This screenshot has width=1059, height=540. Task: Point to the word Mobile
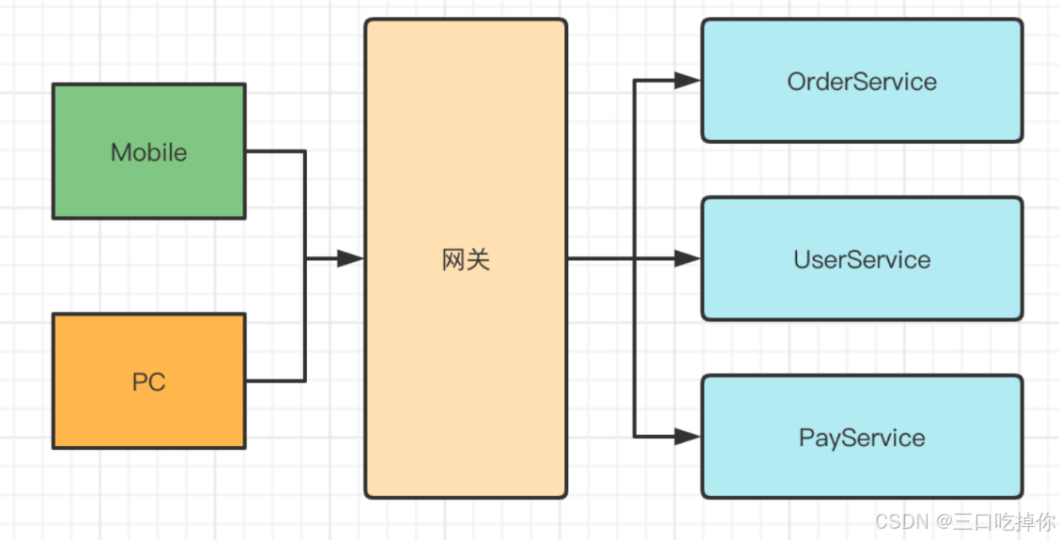[148, 152]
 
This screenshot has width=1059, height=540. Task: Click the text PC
[148, 382]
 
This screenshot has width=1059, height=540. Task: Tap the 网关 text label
[466, 259]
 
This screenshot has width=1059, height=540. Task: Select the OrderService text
[862, 82]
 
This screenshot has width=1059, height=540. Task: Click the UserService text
[862, 259]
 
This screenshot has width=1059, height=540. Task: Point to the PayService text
[862, 438]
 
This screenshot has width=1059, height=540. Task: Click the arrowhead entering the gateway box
[350, 258]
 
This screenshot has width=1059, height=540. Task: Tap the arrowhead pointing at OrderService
[687, 81]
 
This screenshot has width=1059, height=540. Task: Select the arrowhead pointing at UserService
[687, 258]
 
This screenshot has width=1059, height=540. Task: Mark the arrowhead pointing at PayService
[687, 436]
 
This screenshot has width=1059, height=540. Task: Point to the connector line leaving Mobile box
[275, 151]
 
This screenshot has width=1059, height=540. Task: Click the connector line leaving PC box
[275, 380]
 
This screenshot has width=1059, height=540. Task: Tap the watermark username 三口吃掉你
[1004, 520]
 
